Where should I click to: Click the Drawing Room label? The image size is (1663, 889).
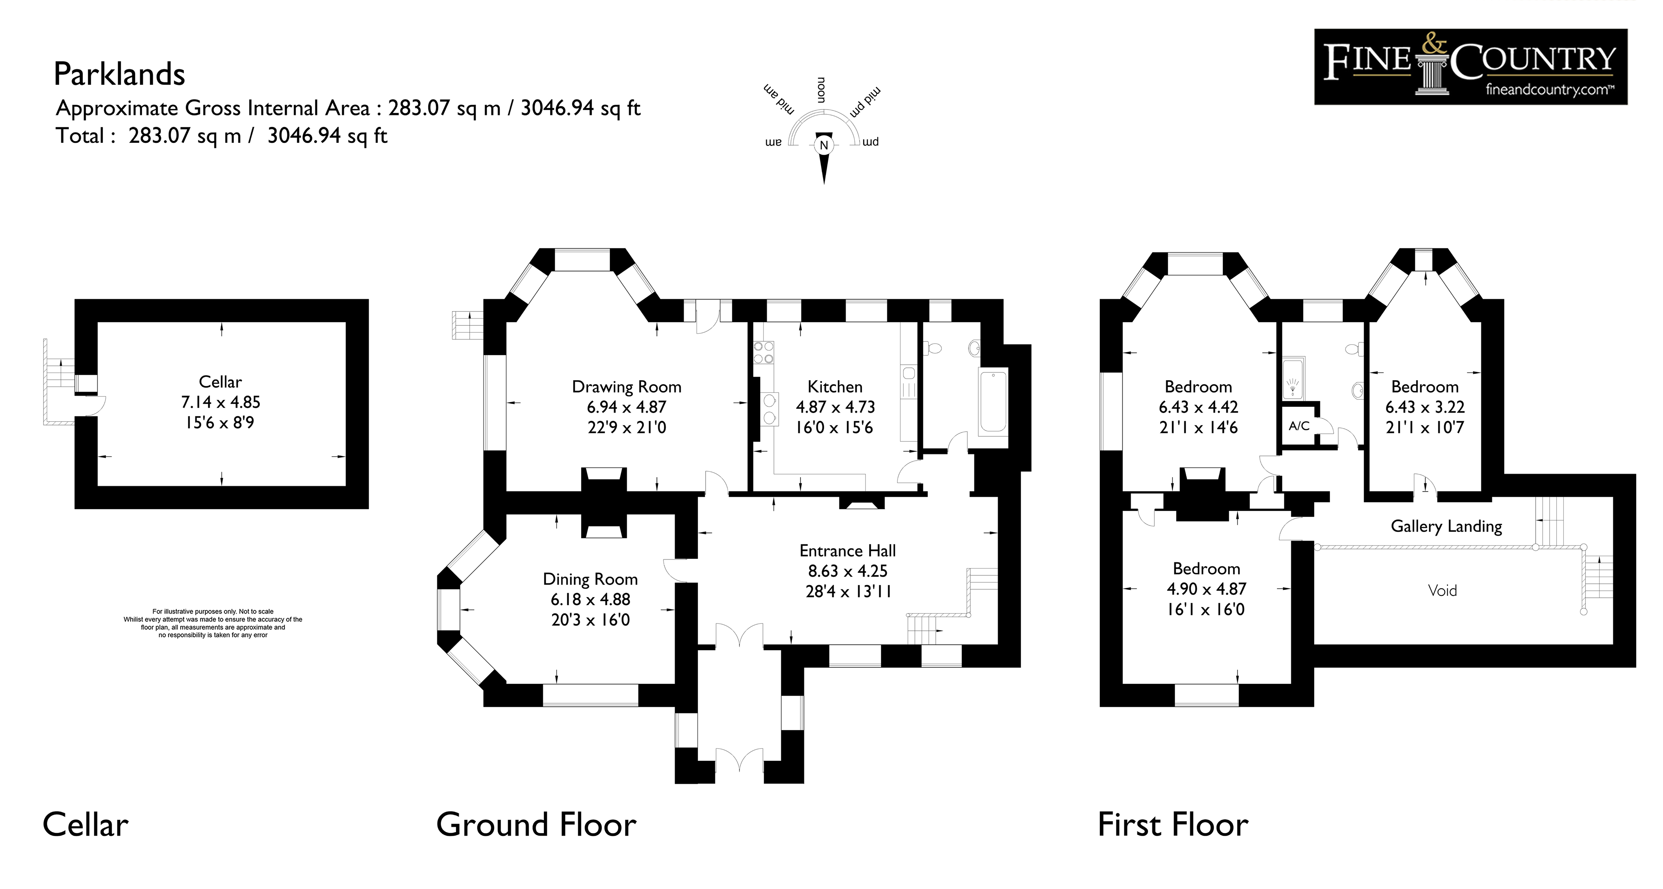(626, 387)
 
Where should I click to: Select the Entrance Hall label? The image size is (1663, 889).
(847, 551)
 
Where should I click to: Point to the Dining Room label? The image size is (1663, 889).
(590, 579)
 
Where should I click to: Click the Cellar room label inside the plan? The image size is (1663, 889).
(220, 382)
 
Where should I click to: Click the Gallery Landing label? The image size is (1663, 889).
(1446, 526)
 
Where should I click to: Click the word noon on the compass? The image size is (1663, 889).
(821, 90)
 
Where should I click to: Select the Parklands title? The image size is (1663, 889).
(119, 74)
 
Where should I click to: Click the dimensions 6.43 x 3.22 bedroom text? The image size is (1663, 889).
(1425, 407)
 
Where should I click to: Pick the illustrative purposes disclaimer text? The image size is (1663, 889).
(213, 623)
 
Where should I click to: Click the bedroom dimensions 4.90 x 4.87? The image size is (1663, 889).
(1206, 589)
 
